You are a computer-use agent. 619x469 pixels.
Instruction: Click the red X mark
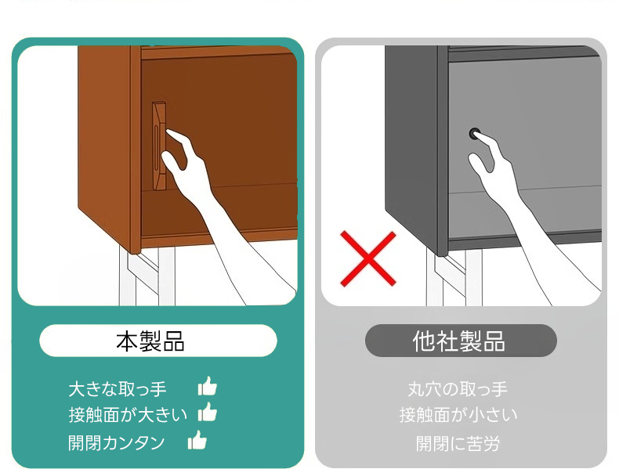(x=368, y=258)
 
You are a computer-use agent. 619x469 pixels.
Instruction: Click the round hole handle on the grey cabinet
(x=474, y=134)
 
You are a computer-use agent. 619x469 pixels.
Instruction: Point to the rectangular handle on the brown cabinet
(x=159, y=146)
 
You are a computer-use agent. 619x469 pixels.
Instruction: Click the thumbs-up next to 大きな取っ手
(x=208, y=386)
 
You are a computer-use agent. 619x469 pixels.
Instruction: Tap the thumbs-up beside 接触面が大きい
(x=208, y=412)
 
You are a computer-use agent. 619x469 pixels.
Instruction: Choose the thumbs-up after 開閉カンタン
(x=197, y=440)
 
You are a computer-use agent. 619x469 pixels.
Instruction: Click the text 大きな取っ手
(x=118, y=389)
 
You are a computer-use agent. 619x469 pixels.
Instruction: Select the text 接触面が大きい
(x=128, y=415)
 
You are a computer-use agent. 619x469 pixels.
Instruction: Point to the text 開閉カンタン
(x=117, y=442)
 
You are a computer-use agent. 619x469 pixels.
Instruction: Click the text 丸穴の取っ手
(x=458, y=389)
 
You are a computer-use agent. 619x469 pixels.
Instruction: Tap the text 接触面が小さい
(x=458, y=415)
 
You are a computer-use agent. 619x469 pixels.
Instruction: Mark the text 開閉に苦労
(x=458, y=443)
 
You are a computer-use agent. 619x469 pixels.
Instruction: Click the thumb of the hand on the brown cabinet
(x=172, y=162)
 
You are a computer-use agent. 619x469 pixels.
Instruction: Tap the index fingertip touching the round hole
(x=477, y=135)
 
